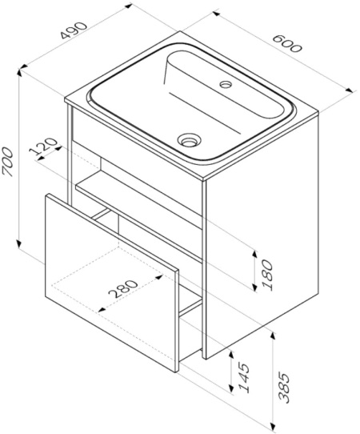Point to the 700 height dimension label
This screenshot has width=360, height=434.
[x=9, y=162]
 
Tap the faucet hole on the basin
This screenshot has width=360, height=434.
[x=225, y=82]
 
